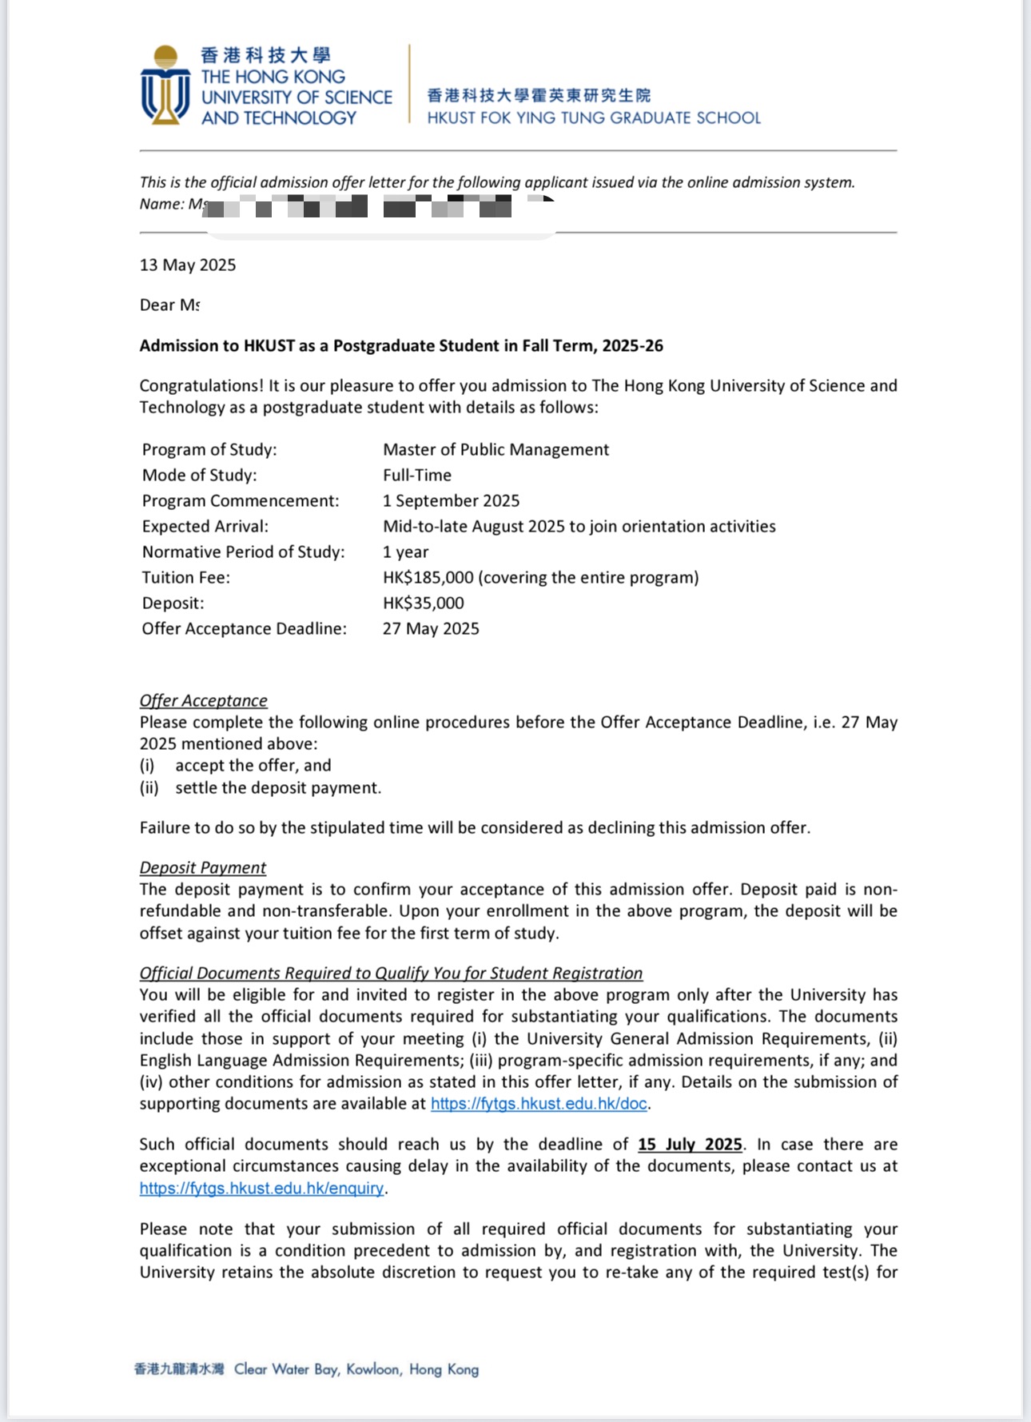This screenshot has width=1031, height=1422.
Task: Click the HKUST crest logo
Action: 165,86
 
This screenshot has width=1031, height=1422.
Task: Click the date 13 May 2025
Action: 188,265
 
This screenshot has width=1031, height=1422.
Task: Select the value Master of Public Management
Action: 496,450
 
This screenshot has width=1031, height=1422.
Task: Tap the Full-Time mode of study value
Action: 417,476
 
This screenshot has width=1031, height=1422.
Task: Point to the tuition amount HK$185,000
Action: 428,578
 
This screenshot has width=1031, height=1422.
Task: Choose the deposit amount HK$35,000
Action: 424,603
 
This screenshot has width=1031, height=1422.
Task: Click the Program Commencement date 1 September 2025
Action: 451,501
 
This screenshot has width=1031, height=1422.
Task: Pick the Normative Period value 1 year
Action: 406,552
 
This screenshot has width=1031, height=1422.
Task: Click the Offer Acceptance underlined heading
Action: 204,701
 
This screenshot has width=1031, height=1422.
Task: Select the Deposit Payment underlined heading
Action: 203,868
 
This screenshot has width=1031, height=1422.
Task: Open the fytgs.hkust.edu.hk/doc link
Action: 539,1104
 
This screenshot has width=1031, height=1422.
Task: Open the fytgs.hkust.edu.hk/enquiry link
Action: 261,1189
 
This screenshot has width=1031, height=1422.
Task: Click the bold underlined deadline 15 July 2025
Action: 690,1145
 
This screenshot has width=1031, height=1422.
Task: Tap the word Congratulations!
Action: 201,386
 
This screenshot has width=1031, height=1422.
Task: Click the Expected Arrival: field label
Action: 205,527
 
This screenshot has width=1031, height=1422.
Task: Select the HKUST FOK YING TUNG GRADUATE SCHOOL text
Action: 594,118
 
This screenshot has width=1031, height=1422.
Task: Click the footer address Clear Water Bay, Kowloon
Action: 356,1369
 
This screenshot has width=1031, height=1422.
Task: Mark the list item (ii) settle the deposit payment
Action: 261,788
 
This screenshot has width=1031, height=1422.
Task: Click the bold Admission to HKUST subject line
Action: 401,346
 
